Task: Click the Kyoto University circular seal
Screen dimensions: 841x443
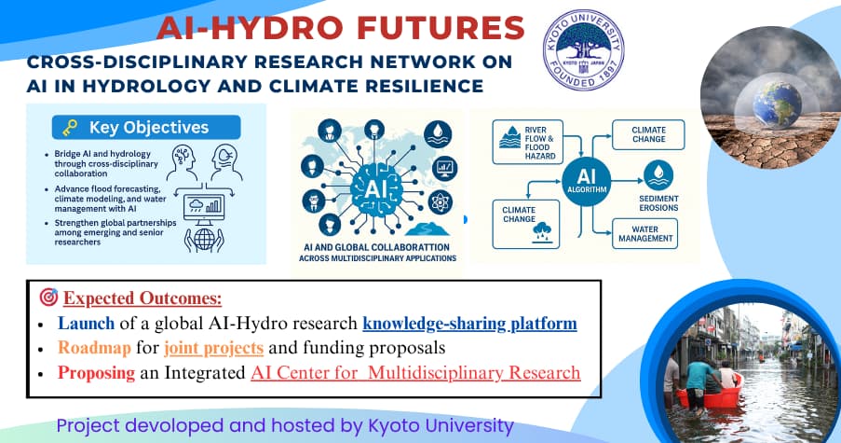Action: click(x=584, y=49)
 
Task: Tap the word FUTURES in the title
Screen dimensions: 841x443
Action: click(x=441, y=28)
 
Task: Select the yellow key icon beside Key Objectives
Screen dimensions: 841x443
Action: click(x=70, y=128)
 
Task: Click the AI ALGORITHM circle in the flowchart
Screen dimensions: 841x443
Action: click(x=587, y=182)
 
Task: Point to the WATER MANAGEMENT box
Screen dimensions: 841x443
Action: click(x=644, y=233)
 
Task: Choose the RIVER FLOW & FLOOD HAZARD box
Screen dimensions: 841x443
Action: click(x=528, y=143)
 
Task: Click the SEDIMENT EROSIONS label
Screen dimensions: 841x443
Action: click(x=658, y=203)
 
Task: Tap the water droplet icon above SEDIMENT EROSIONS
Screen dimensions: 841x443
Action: click(x=658, y=175)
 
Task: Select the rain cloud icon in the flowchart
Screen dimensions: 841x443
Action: click(x=542, y=232)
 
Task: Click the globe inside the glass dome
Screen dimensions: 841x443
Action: click(x=777, y=104)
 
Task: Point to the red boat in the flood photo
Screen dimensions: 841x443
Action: click(x=709, y=395)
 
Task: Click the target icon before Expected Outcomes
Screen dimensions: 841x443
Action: click(x=48, y=297)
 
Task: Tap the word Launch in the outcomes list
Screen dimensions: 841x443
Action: click(x=86, y=324)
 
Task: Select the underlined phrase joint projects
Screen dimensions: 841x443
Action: click(x=213, y=349)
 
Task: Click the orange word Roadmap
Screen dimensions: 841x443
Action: click(x=94, y=348)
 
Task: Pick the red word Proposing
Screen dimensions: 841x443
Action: click(x=96, y=373)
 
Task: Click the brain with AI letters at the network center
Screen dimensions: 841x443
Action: click(x=375, y=189)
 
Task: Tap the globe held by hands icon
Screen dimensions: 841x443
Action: click(x=204, y=240)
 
